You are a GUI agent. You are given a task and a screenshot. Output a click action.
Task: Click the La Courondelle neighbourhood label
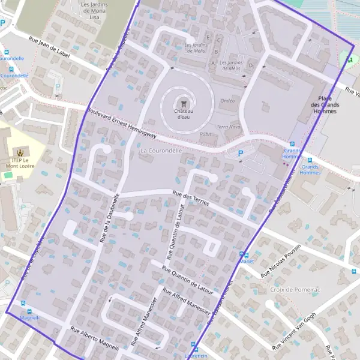(160, 151)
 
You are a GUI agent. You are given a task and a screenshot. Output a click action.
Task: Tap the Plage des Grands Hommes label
(324, 105)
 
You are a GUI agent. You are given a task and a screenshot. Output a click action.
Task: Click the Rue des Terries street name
(190, 198)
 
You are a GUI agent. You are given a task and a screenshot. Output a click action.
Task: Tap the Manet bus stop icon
(242, 255)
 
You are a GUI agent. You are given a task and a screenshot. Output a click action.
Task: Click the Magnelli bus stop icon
(23, 304)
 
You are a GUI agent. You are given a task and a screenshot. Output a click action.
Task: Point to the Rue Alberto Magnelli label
(95, 339)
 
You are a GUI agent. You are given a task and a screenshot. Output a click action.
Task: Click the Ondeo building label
(227, 101)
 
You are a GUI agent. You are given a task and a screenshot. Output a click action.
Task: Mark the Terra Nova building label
(228, 127)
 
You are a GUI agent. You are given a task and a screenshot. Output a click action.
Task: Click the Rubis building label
(206, 134)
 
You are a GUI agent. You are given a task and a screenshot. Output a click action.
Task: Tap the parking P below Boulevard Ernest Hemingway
(241, 154)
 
